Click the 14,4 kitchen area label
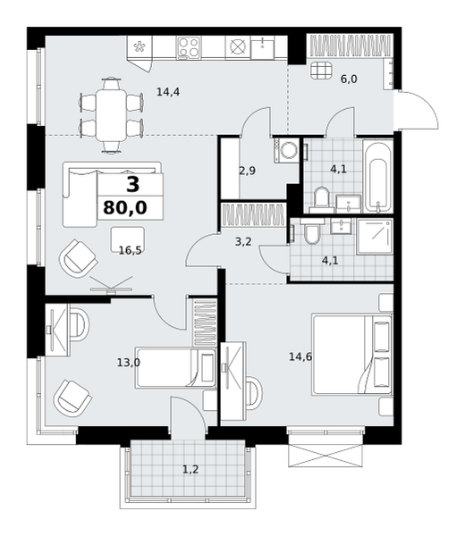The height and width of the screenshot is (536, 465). click(x=168, y=92)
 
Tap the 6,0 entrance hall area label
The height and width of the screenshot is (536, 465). click(x=349, y=80)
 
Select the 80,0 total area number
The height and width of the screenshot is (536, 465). click(x=125, y=207)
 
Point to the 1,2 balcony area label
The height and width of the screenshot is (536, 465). click(x=190, y=470)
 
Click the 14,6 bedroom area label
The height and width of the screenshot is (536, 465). click(x=300, y=357)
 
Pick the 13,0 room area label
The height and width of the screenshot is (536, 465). click(x=128, y=363)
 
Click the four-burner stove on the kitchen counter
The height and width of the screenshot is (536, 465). click(x=189, y=47)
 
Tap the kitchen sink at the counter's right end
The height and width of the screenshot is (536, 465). click(x=262, y=47)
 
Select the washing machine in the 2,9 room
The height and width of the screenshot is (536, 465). click(x=287, y=150)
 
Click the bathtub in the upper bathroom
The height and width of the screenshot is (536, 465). click(x=377, y=176)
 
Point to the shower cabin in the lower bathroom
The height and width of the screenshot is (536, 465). click(x=375, y=237)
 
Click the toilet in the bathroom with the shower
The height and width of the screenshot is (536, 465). click(x=311, y=230)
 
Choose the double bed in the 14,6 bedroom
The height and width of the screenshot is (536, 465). click(x=352, y=356)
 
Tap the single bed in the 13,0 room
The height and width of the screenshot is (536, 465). click(x=176, y=367)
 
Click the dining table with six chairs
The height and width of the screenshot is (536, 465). click(x=111, y=115)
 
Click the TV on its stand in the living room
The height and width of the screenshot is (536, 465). click(x=111, y=285)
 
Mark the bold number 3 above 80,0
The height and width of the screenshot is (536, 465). click(x=132, y=185)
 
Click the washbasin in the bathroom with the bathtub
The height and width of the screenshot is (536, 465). click(x=349, y=204)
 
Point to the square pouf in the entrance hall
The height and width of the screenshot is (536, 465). click(x=322, y=71)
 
